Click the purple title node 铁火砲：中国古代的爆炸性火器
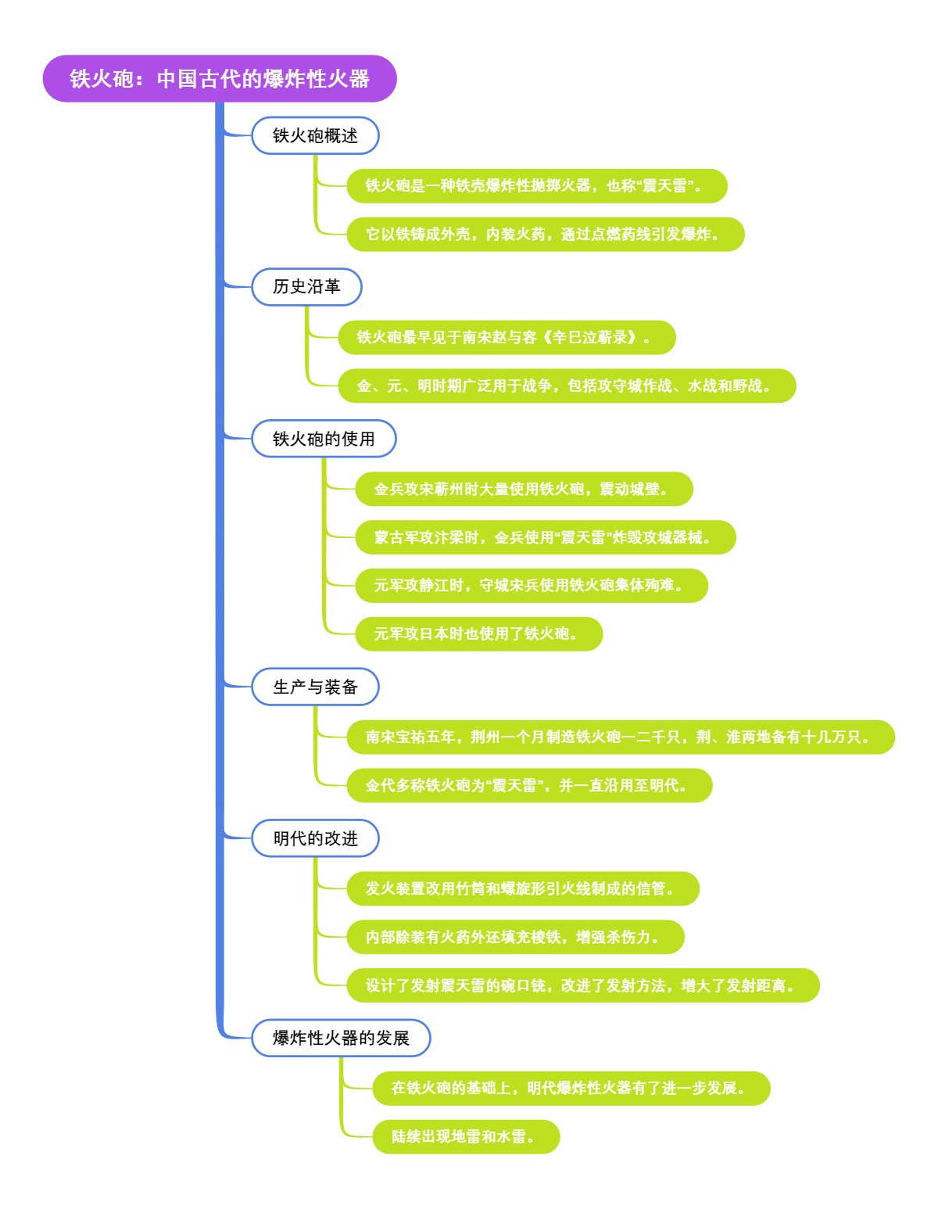tap(220, 79)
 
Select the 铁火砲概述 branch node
tap(315, 136)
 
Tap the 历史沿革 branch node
tap(306, 287)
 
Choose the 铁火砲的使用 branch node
tap(324, 439)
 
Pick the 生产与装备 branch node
tap(315, 687)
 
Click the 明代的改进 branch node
tap(315, 838)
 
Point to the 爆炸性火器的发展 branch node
tap(341, 1038)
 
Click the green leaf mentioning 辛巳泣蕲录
tap(506, 337)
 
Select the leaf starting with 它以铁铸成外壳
tap(545, 235)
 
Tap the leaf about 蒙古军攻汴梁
tap(545, 537)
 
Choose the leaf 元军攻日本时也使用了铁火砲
tap(478, 633)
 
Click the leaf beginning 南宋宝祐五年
tap(620, 737)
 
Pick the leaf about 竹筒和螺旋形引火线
tap(522, 888)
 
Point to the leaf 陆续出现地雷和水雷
tap(466, 1136)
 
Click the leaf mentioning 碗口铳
tap(582, 985)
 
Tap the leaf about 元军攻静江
tap(531, 586)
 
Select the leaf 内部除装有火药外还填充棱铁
tap(515, 937)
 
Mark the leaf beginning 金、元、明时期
tap(567, 386)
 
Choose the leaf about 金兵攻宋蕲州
tap(524, 490)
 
